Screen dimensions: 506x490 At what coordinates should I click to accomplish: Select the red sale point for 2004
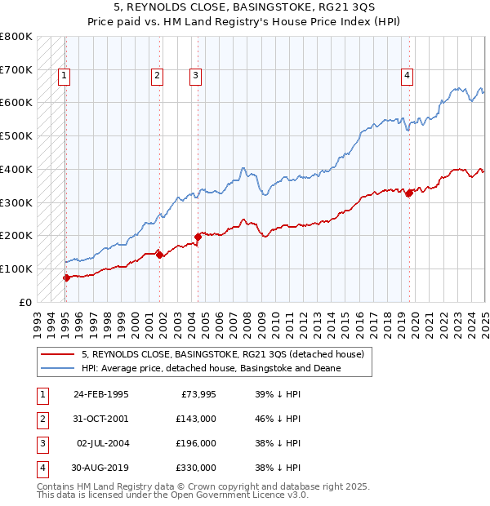point(197,237)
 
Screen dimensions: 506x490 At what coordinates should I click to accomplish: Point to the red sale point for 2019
point(409,193)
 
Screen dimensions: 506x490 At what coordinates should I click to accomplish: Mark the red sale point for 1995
point(66,277)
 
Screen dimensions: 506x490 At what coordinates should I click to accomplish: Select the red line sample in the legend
point(58,355)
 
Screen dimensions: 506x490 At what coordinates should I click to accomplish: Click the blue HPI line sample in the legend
point(58,369)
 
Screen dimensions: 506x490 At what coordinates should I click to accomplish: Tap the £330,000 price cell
point(196,468)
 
